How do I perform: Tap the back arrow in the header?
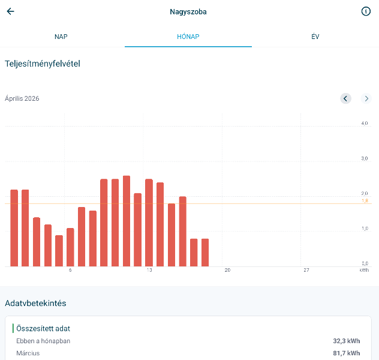10,11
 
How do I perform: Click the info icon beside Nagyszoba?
366,11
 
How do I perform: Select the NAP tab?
61,37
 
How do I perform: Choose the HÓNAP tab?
188,37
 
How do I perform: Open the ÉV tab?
315,37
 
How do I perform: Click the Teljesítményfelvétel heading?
43,64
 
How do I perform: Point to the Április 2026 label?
22,98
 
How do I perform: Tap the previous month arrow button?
345,98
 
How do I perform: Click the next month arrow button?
366,98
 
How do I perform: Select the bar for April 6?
70,247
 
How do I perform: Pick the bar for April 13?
149,223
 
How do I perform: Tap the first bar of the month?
14,228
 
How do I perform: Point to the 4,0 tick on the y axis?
364,123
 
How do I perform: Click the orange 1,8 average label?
365,201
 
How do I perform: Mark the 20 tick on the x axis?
227,271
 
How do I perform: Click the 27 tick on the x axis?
306,271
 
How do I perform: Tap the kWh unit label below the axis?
364,271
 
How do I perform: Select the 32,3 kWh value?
347,341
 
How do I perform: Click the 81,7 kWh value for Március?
347,353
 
